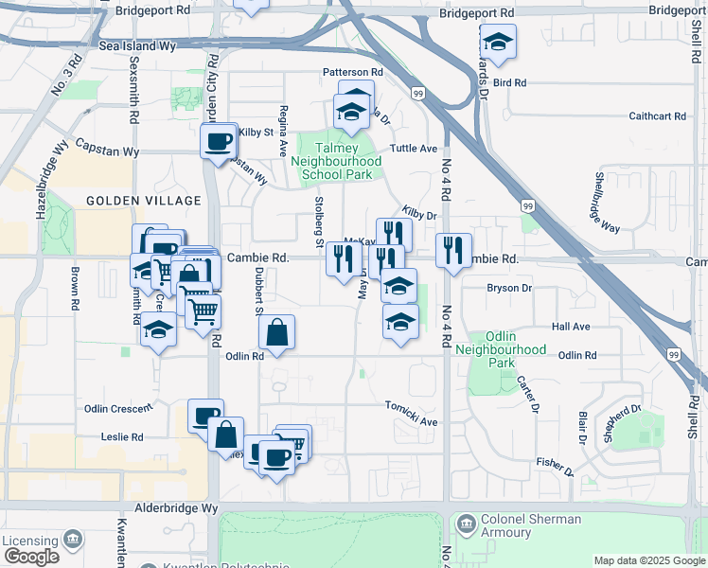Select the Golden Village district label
pyautogui.click(x=144, y=201)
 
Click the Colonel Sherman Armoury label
pyautogui.click(x=531, y=525)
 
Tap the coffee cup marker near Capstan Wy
pyautogui.click(x=219, y=142)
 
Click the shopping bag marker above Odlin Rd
pyautogui.click(x=275, y=333)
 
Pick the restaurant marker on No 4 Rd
pyautogui.click(x=454, y=250)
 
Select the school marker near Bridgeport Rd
pyautogui.click(x=497, y=42)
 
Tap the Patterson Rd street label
pyautogui.click(x=352, y=72)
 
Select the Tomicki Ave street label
pyautogui.click(x=412, y=421)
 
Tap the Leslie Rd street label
pyautogui.click(x=122, y=437)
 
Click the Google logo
pyautogui.click(x=30, y=557)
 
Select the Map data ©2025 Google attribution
pyautogui.click(x=648, y=560)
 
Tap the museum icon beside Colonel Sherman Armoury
pyautogui.click(x=466, y=524)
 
